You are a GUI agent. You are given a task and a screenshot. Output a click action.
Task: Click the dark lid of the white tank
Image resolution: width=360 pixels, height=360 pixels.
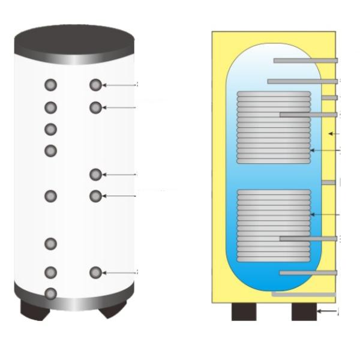click(x=74, y=38)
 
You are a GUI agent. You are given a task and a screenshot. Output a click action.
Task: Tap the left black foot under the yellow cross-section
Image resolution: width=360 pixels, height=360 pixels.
click(x=244, y=311)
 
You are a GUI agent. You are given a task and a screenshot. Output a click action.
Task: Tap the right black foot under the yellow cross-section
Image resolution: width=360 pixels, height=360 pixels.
click(x=304, y=311)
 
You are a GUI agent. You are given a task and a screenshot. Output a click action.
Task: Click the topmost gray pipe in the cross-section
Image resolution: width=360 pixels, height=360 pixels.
click(x=305, y=61)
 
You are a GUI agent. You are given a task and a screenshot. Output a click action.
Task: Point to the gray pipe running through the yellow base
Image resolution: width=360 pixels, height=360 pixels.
click(x=303, y=294)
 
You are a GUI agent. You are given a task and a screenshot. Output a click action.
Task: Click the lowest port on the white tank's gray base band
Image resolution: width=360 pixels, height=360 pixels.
click(x=51, y=293)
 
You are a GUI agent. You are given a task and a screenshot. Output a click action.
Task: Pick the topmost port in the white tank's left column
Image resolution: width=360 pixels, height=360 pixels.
click(x=51, y=85)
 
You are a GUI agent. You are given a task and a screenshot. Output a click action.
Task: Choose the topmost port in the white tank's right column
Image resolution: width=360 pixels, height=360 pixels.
click(x=95, y=85)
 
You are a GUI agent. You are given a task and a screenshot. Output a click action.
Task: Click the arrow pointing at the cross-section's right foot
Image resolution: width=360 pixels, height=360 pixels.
click(x=327, y=311)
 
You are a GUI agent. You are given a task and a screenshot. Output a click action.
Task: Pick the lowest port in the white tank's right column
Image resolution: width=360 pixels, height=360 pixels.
click(x=95, y=272)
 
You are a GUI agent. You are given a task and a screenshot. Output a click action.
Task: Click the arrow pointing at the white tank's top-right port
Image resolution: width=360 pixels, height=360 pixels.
click(x=119, y=85)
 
